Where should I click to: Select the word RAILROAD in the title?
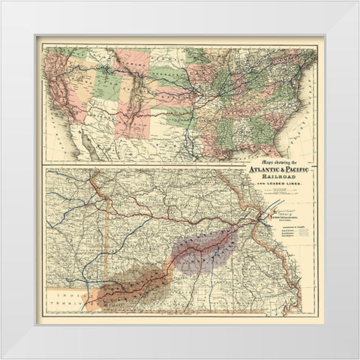click(283, 177)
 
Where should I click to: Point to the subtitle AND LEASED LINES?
click(283, 184)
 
